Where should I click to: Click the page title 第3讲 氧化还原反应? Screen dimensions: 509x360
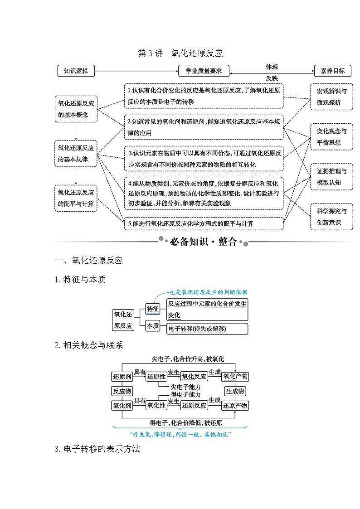coord(180,53)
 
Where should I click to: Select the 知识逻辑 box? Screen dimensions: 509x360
coord(76,71)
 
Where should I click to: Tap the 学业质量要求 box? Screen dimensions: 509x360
coord(204,71)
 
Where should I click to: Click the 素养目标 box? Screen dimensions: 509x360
coord(332,71)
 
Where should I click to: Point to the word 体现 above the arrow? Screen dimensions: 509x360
coord(272,67)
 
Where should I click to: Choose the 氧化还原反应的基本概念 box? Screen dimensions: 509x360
coord(76,109)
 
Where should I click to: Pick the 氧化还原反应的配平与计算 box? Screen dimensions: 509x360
coord(76,198)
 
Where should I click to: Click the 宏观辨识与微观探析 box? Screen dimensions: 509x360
coord(331,97)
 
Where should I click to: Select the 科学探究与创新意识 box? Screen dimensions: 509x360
coord(331,217)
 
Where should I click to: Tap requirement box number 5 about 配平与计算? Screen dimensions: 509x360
coord(204,223)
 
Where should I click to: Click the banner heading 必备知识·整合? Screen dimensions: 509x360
coord(203,242)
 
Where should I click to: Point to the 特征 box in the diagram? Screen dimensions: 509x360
coord(152,309)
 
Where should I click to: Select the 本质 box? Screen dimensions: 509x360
coord(152,325)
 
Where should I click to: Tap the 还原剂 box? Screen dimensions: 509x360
coord(122,377)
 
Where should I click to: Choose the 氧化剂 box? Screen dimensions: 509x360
coord(122,406)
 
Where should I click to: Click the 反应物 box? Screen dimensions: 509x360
coord(122,391)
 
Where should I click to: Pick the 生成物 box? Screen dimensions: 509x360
coord(235,391)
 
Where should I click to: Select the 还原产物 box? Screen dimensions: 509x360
coord(235,406)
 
